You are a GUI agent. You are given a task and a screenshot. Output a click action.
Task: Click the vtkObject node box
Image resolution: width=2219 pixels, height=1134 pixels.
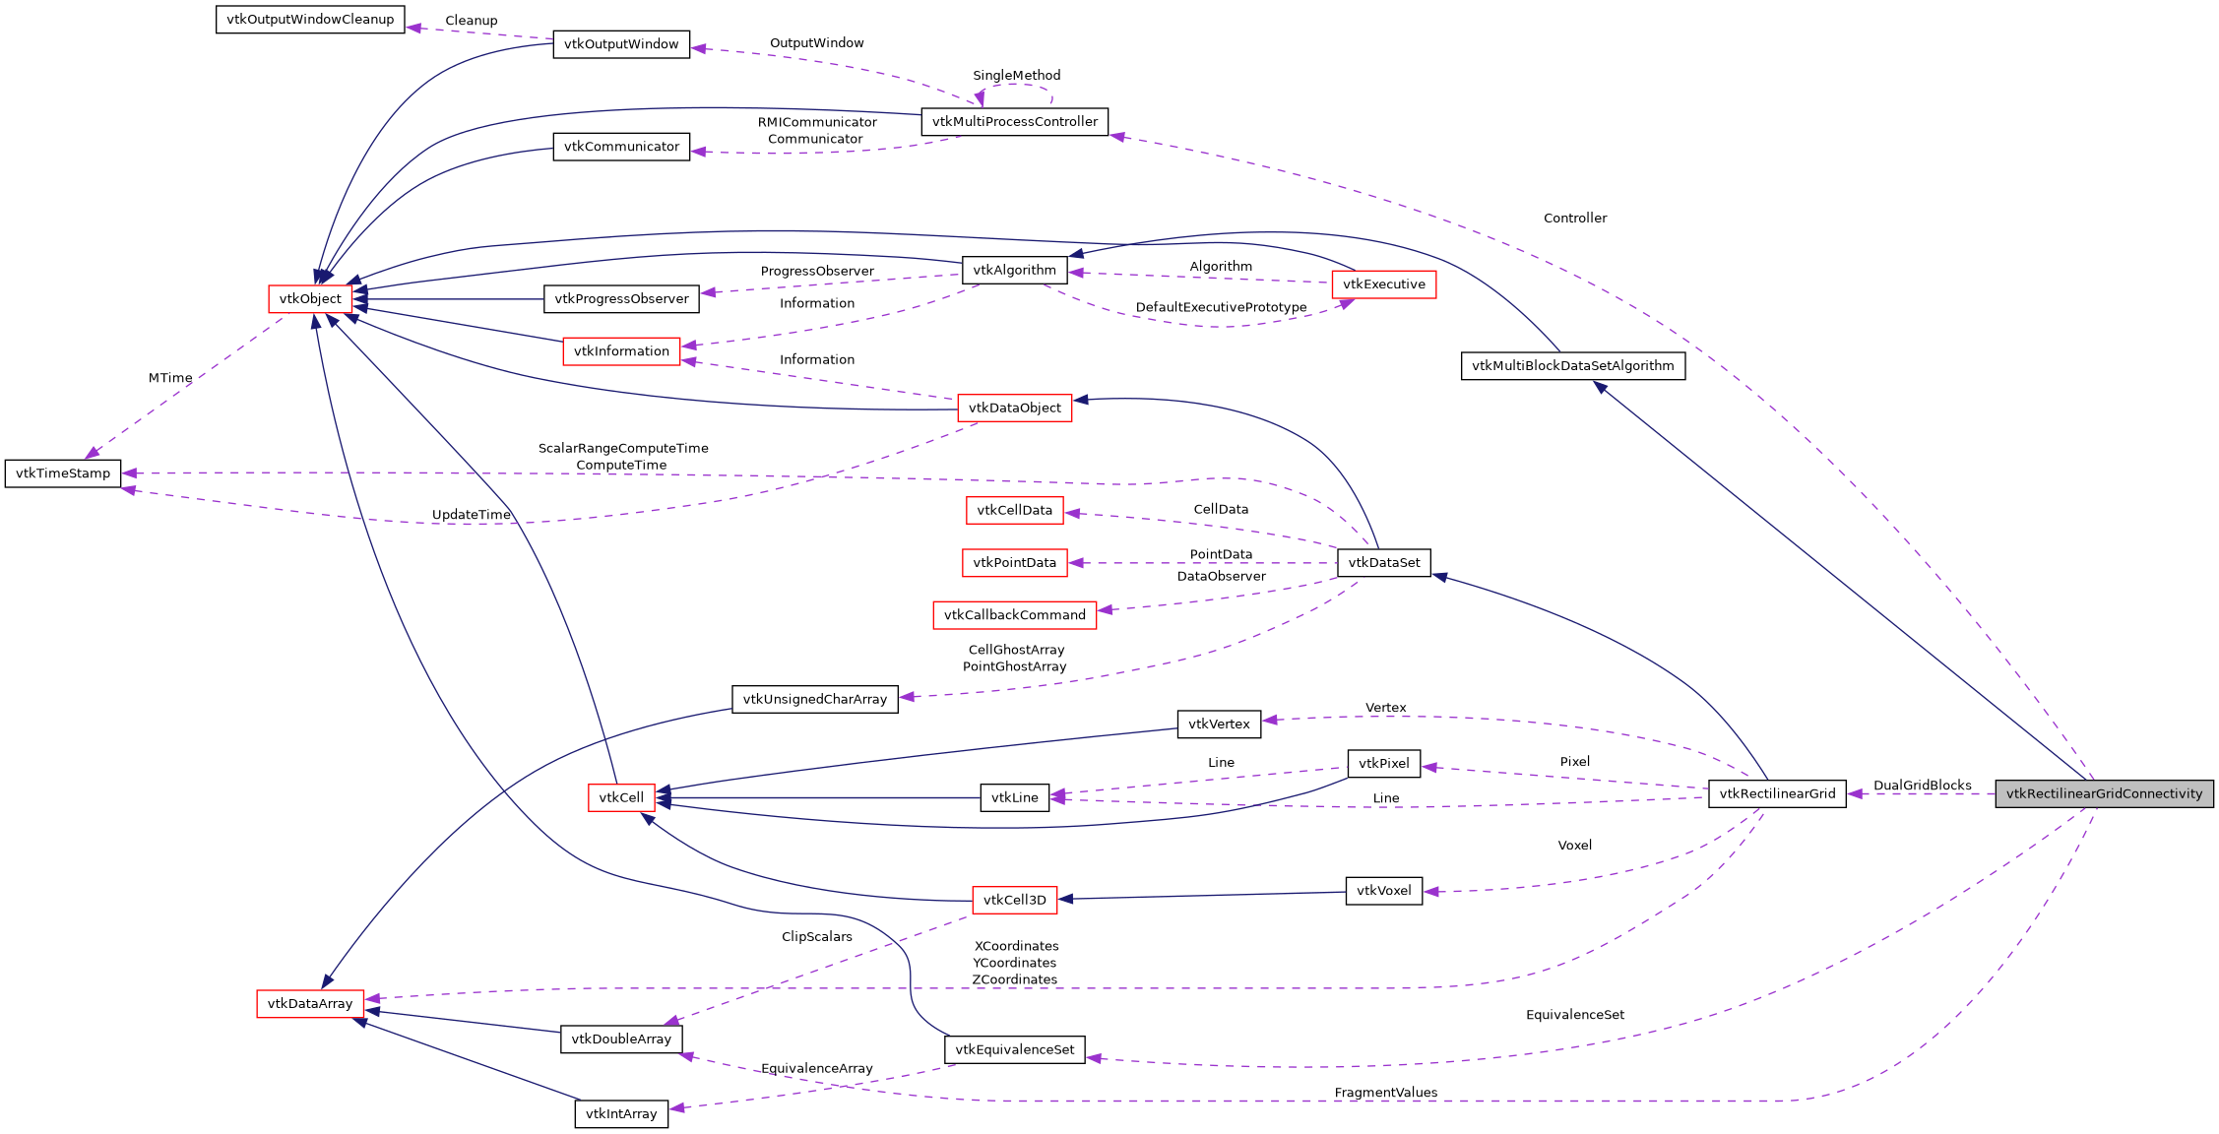coord(310,299)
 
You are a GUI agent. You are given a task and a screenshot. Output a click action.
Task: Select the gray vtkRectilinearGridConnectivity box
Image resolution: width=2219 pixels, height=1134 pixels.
coord(2104,793)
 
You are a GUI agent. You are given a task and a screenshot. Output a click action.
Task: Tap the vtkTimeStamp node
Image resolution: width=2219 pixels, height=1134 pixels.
coord(63,473)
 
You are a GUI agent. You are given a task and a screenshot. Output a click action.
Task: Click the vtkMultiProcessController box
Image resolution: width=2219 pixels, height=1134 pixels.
coord(1014,122)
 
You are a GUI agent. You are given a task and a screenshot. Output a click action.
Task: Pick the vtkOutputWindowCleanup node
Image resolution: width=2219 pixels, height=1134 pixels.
coord(310,20)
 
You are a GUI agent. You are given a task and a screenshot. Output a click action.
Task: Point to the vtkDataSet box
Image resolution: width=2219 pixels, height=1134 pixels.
coord(1383,563)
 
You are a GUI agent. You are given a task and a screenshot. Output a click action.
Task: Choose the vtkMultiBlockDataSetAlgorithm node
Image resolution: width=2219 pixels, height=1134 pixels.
coord(1572,366)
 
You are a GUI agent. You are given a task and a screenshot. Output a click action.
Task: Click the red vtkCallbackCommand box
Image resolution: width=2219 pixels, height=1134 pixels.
coord(1014,615)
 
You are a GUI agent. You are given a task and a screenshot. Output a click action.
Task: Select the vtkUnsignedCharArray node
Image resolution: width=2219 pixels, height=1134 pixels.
coord(814,700)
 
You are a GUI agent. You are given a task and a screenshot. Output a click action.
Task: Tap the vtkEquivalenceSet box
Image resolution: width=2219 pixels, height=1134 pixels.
coord(1014,1050)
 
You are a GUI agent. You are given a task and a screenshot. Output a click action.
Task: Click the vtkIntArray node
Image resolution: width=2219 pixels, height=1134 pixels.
coord(621,1114)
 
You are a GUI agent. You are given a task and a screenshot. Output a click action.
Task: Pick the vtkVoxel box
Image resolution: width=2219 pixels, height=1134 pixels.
coord(1383,891)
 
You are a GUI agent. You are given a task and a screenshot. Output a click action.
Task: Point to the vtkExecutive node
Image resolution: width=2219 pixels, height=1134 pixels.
coord(1383,284)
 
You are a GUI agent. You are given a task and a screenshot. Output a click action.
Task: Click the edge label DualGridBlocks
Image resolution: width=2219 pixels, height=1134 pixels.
coord(1922,786)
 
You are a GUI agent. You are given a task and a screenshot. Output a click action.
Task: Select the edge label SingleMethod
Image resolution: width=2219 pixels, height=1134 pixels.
coord(1016,76)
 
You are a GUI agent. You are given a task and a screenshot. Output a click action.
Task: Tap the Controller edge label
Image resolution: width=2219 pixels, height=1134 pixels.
coord(1574,219)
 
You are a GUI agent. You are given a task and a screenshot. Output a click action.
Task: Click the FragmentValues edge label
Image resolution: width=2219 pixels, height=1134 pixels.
coord(1385,1093)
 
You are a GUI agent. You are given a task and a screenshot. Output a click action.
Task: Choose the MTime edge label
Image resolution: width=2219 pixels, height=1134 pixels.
coord(170,378)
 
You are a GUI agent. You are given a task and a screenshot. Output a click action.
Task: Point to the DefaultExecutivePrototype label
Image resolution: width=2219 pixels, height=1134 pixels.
coord(1221,308)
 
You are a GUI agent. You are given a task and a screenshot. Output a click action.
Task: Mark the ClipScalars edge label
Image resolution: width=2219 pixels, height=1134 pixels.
coord(816,937)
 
